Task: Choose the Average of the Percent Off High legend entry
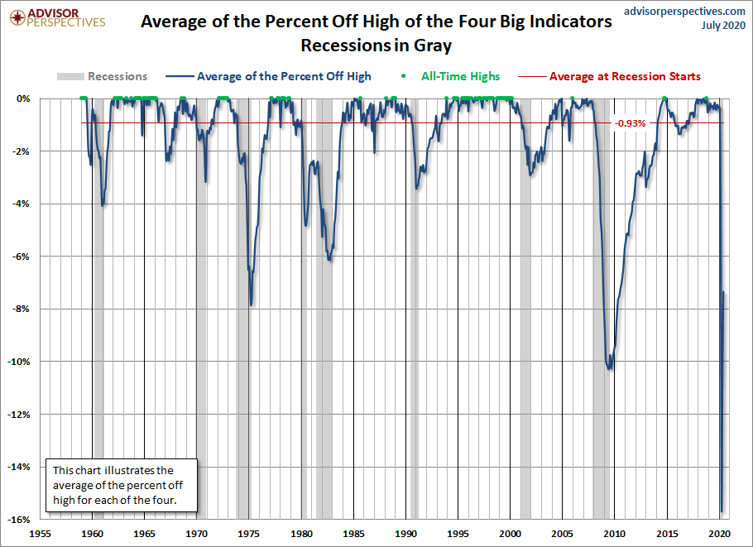pyautogui.click(x=284, y=76)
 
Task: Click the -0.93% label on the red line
pyautogui.click(x=629, y=123)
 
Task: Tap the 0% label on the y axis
pyautogui.click(x=24, y=98)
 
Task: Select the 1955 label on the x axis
pyautogui.click(x=41, y=534)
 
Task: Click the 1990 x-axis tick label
pyautogui.click(x=405, y=534)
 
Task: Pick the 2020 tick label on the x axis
pyautogui.click(x=719, y=534)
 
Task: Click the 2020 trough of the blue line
pyautogui.click(x=722, y=511)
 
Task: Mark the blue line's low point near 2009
pyautogui.click(x=611, y=368)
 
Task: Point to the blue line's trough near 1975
pyautogui.click(x=251, y=305)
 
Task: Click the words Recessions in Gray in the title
pyautogui.click(x=376, y=44)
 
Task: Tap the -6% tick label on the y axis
pyautogui.click(x=22, y=257)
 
